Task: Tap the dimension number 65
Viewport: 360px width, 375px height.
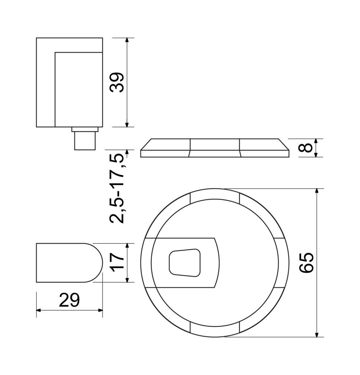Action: [x=306, y=263]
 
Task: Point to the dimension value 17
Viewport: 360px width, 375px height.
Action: [x=117, y=262]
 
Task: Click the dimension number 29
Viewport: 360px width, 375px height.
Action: [x=69, y=300]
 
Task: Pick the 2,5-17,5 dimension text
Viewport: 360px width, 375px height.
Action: [x=117, y=188]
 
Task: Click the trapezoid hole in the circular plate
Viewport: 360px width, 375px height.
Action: [x=185, y=263]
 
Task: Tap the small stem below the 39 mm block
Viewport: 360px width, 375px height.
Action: [x=85, y=141]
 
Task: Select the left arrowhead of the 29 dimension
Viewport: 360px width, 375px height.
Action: [x=39, y=310]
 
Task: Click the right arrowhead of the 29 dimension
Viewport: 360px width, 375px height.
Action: [x=100, y=310]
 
